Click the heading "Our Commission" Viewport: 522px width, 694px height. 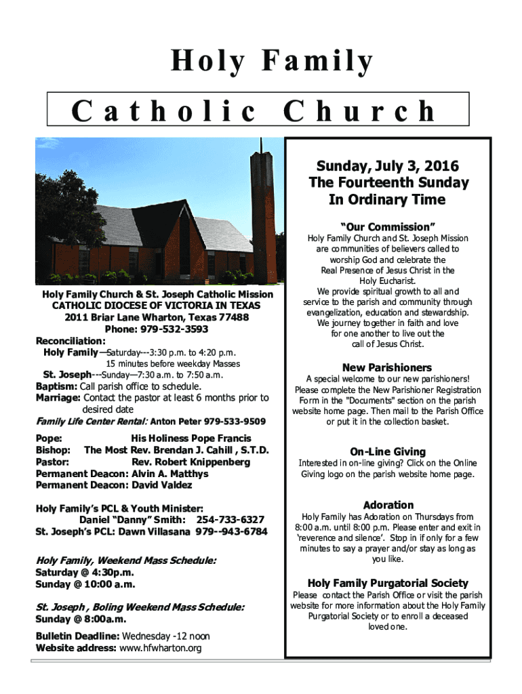click(x=388, y=226)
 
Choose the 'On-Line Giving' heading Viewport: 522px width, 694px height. click(x=388, y=451)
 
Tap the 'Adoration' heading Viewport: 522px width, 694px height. click(x=388, y=505)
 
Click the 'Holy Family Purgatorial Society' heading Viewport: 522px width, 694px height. click(x=388, y=583)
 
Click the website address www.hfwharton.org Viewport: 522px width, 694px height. click(x=160, y=649)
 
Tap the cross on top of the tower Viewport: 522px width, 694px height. click(x=260, y=146)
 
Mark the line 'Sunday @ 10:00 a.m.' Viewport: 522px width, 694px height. click(x=85, y=584)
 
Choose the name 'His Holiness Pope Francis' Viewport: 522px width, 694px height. click(x=191, y=438)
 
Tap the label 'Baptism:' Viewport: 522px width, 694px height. click(x=57, y=386)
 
